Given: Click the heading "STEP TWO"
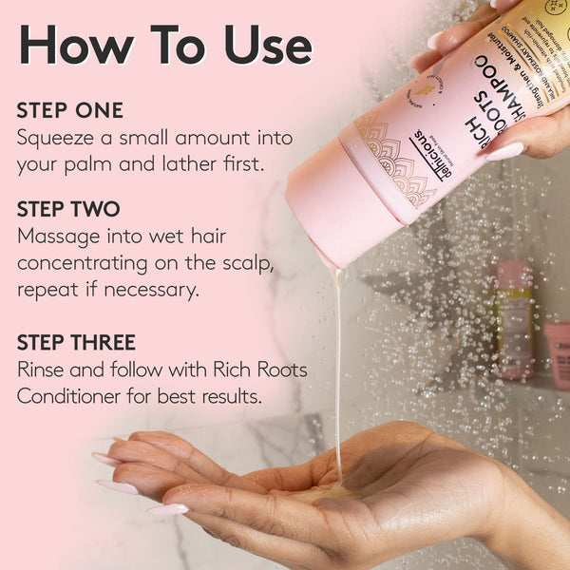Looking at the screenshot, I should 68,209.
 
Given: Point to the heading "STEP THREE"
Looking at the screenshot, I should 76,342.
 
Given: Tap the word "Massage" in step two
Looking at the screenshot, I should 59,235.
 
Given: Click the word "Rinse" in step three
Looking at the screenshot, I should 43,369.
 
